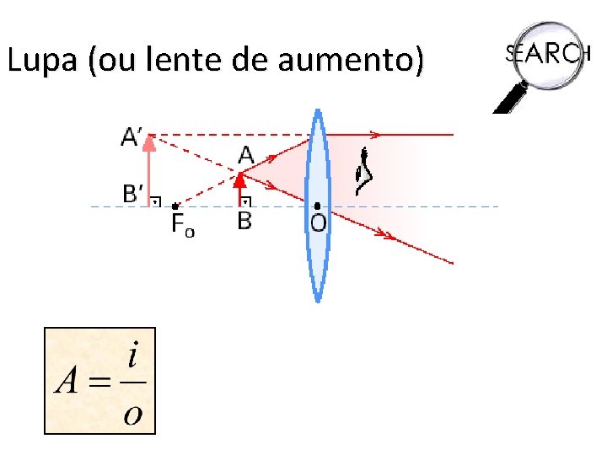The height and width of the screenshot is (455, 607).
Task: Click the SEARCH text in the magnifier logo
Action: (547, 52)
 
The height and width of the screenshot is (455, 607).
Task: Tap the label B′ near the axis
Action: (134, 195)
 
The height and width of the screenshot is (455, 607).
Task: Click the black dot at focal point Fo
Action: (175, 206)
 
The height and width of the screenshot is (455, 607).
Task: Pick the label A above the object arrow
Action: (246, 155)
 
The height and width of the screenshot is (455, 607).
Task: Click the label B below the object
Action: (244, 220)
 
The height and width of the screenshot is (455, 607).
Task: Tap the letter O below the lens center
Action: (318, 222)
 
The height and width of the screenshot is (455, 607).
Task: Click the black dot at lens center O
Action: (317, 206)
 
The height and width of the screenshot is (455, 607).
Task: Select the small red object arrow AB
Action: (239, 190)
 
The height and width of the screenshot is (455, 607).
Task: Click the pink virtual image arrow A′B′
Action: (149, 173)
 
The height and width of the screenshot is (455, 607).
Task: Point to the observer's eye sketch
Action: (364, 171)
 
